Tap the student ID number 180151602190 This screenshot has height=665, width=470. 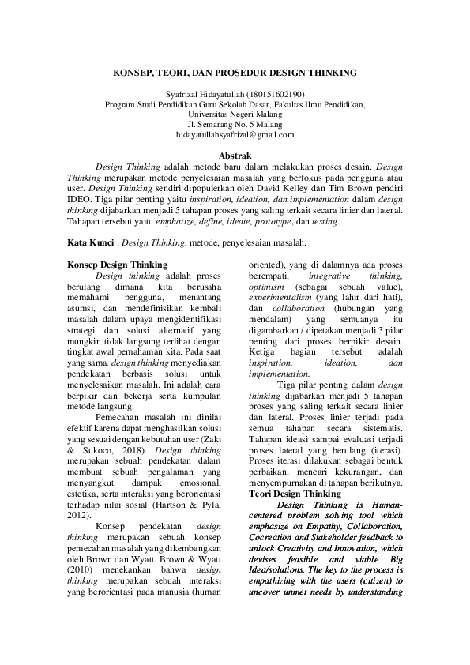pyautogui.click(x=276, y=93)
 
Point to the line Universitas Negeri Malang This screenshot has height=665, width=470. pyautogui.click(x=235, y=114)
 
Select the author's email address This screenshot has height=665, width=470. pyautogui.click(x=235, y=135)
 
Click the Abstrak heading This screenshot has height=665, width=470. pyautogui.click(x=235, y=156)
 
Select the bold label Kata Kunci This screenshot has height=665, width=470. pyautogui.click(x=88, y=243)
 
